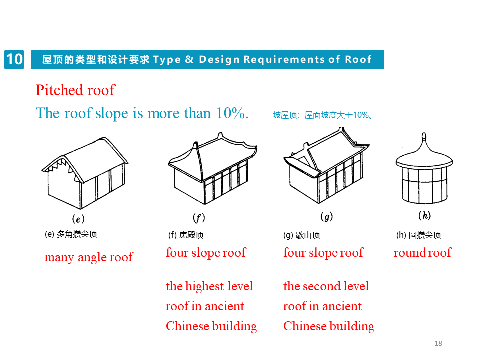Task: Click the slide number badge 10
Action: [14, 59]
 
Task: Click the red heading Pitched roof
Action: [75, 90]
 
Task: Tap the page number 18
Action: [438, 343]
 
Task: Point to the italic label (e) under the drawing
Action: [78, 218]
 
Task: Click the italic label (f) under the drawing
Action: [199, 218]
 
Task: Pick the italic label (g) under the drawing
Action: [326, 217]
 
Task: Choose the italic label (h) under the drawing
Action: [424, 216]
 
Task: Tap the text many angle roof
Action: [88, 257]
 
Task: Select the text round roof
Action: [422, 253]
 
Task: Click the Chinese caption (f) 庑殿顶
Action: [186, 235]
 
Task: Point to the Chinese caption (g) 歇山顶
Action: [301, 235]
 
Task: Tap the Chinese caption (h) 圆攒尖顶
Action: [418, 235]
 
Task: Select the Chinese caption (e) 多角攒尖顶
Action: [70, 234]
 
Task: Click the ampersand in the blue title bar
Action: [189, 60]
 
